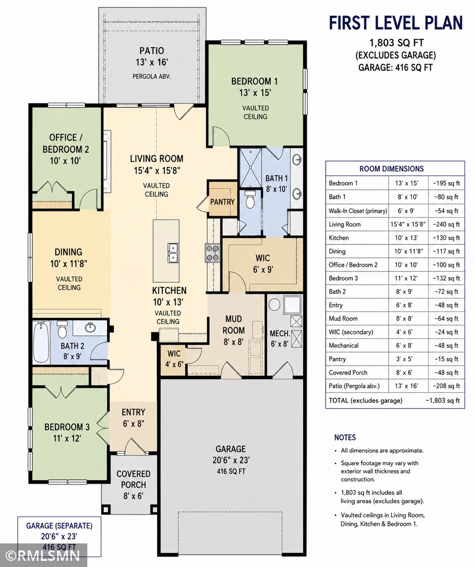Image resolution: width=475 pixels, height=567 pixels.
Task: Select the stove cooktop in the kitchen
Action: [x=212, y=253]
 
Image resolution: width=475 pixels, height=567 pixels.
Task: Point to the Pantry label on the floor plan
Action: [x=222, y=202]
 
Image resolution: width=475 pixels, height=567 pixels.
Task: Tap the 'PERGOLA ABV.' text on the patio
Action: [x=151, y=77]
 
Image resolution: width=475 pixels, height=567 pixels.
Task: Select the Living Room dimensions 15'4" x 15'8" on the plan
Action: [x=157, y=171]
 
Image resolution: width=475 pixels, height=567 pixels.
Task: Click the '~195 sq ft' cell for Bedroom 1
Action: [x=446, y=183]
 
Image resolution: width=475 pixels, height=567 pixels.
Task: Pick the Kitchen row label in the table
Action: [x=338, y=238]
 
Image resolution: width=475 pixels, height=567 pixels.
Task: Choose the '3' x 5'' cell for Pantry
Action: [x=404, y=359]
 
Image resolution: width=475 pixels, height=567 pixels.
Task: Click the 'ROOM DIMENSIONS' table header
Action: [x=391, y=169]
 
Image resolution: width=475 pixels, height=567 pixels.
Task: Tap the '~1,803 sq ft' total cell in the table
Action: [x=442, y=401]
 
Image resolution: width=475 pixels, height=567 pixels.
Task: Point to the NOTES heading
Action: [x=345, y=437]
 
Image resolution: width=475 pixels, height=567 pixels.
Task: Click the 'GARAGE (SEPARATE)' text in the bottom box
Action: [x=59, y=526]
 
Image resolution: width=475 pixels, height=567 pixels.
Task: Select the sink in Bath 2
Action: [x=89, y=327]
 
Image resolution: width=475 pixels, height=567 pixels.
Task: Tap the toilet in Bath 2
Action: [x=62, y=329]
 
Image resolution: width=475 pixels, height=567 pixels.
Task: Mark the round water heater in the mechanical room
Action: [x=274, y=305]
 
